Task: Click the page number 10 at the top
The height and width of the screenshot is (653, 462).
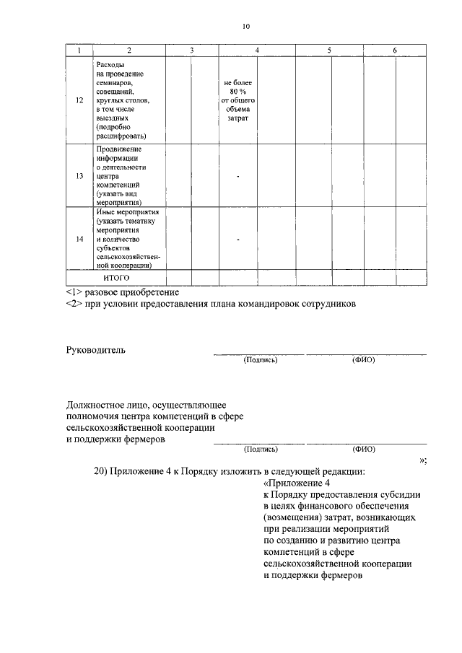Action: pos(246,27)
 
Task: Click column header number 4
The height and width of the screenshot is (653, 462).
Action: pos(258,50)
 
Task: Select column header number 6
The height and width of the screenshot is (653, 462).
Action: pos(394,50)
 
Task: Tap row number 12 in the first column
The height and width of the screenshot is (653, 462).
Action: pos(79,100)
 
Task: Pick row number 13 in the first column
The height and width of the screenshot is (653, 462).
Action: pos(79,175)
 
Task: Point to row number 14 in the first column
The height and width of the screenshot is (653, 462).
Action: pos(79,238)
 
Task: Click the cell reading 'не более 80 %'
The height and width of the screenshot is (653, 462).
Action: pos(237,88)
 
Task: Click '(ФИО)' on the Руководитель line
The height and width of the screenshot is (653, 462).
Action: pos(363,359)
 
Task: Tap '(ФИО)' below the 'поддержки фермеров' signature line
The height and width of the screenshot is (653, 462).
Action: pos(363,448)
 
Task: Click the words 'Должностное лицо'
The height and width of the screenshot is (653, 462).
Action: pos(105,406)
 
